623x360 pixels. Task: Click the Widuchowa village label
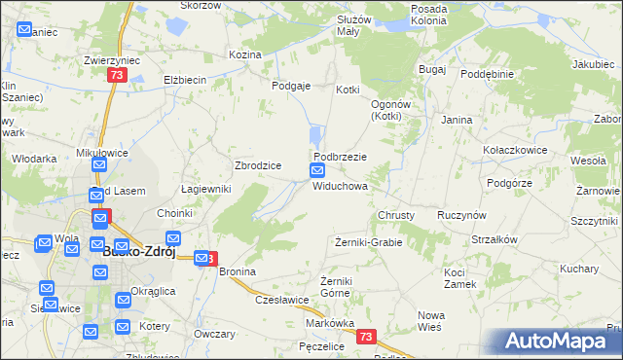[340, 186]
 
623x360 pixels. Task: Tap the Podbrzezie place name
[340, 157]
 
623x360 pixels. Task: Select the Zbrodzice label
[258, 165]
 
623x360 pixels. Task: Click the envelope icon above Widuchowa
[318, 171]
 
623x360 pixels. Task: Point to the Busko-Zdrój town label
[138, 252]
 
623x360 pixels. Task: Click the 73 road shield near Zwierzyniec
[117, 76]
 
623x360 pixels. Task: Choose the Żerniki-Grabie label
[368, 241]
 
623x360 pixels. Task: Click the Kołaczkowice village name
[515, 151]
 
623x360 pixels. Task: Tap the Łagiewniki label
[205, 189]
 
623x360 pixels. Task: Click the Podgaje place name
[291, 86]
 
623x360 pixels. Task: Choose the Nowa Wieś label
[431, 321]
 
